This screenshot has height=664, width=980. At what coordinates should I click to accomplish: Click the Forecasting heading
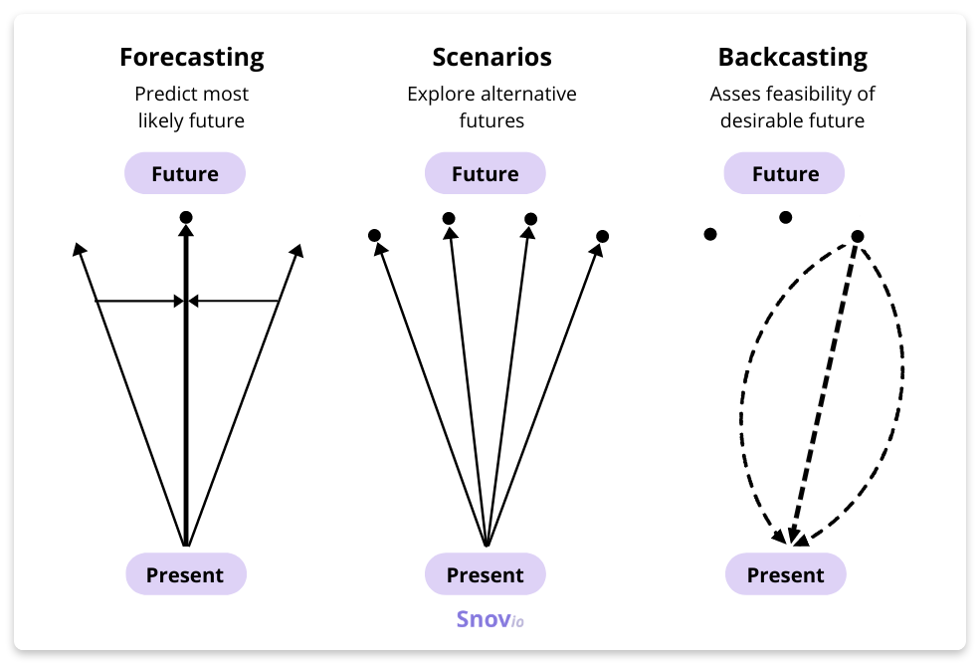[191, 58]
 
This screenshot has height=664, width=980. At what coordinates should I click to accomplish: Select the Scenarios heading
[491, 58]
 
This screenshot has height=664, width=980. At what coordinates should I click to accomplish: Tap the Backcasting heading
[792, 58]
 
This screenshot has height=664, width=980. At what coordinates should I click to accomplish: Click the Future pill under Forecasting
[185, 174]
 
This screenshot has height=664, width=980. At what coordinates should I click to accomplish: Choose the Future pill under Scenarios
[486, 174]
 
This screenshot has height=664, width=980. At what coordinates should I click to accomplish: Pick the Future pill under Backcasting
[785, 174]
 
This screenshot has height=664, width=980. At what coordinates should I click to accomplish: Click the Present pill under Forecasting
[185, 574]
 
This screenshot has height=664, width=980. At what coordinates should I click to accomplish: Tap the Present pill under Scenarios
[486, 574]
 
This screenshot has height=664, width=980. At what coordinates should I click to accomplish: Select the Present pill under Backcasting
[785, 574]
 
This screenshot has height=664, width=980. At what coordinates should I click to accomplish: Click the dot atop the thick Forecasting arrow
[186, 217]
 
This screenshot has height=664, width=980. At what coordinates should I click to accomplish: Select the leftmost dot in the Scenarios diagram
[374, 236]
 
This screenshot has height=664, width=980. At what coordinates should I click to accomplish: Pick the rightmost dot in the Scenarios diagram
[602, 237]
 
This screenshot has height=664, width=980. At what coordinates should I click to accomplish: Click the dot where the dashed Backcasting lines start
[858, 236]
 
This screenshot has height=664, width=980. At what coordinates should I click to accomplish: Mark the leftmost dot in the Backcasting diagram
[710, 234]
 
